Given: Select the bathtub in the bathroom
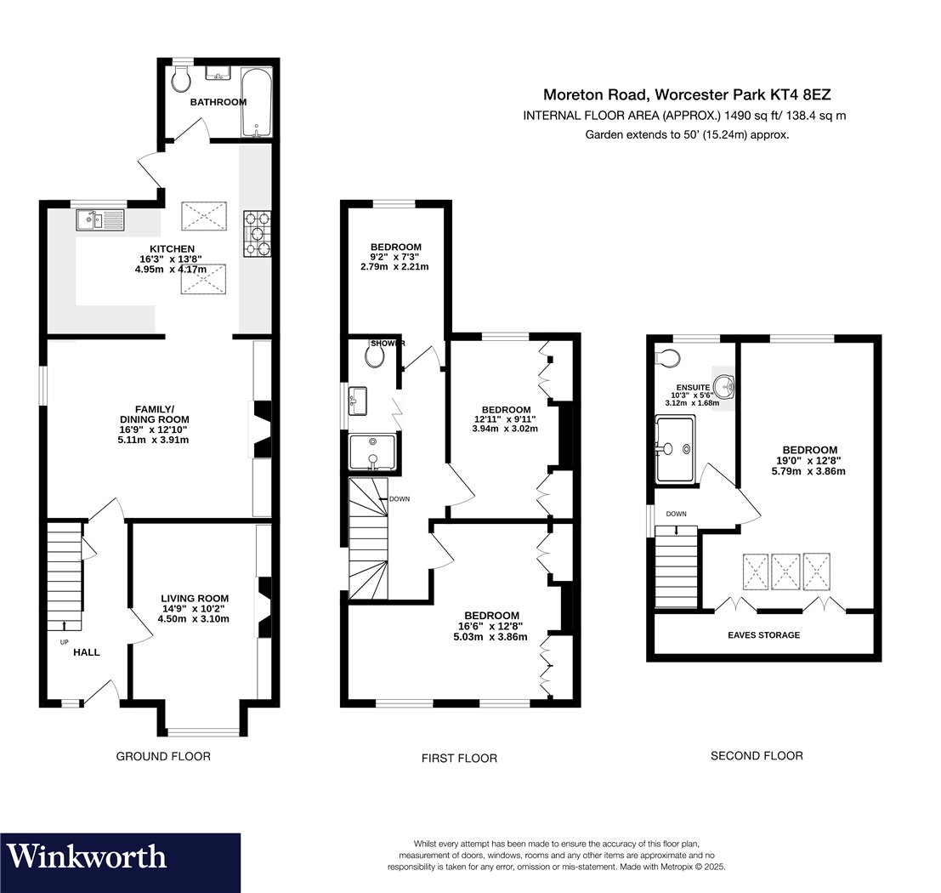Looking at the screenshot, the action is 256,102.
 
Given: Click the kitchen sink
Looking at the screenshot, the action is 99,219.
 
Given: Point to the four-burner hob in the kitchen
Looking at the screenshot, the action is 258,234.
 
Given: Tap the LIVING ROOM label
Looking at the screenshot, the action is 195,598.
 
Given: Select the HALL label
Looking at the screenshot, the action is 87,652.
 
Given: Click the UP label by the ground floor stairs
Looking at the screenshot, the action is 65,642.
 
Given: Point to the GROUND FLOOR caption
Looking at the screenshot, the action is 163,756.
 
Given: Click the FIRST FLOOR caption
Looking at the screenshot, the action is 459,759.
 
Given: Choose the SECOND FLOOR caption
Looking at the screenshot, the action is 757,755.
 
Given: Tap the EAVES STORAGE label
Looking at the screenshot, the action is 764,634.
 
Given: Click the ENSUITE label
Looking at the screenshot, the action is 693,387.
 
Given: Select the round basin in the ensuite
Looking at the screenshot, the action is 726,388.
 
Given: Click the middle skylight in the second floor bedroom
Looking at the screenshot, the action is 785,572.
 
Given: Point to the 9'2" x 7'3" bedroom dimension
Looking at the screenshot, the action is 395,257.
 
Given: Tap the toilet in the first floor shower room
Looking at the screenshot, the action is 375,356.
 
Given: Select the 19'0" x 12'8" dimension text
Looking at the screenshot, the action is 809,461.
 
